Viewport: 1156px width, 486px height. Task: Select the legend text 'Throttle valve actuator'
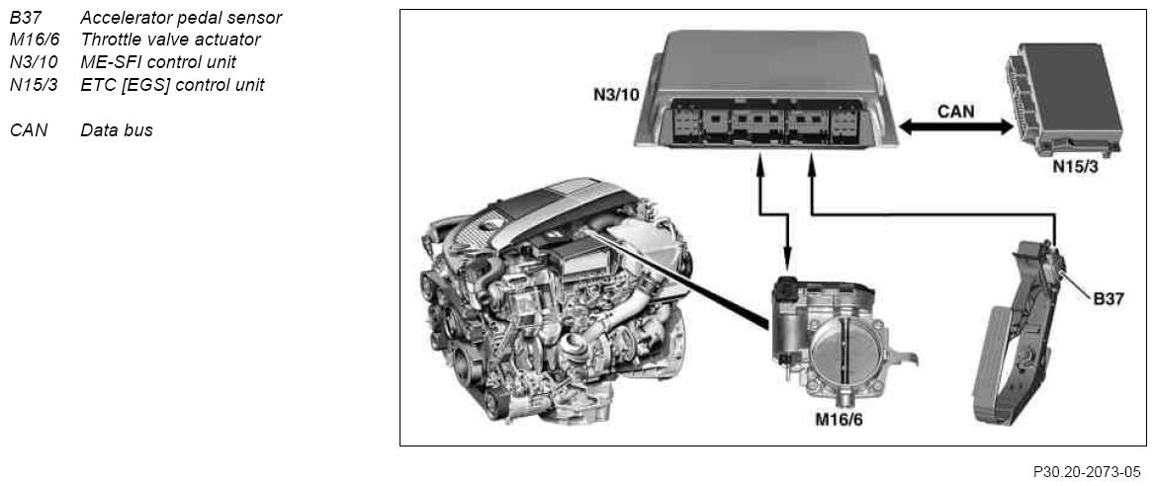pos(170,40)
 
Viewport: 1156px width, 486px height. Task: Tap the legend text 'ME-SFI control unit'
pos(158,62)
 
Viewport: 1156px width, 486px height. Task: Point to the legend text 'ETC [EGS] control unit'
pos(172,85)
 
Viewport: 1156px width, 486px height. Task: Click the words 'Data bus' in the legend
pos(117,131)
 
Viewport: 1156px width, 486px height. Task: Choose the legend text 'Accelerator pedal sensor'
pos(181,17)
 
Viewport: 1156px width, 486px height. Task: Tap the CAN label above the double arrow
pos(955,112)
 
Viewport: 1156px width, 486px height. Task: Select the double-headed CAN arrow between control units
pos(955,127)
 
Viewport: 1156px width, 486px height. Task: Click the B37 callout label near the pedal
pos(1108,299)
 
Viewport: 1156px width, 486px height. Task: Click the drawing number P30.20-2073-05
pos(1087,471)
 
